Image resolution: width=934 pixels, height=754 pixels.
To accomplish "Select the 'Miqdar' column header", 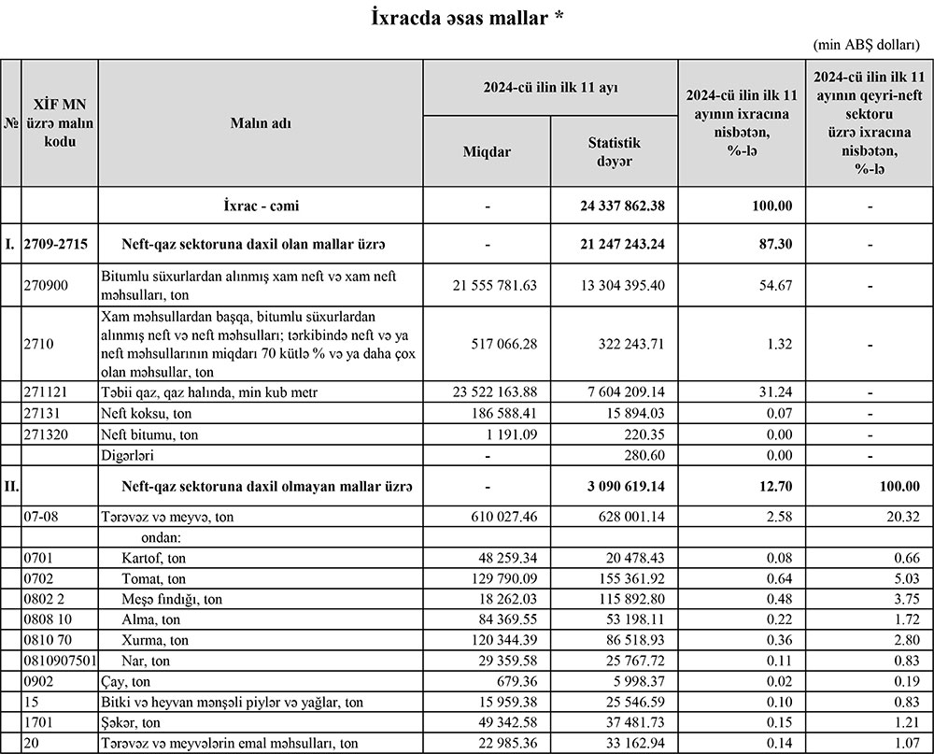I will pos(488,151).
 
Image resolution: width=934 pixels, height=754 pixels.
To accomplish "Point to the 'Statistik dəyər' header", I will pos(614,151).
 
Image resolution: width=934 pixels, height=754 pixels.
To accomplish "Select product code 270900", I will pos(46,285).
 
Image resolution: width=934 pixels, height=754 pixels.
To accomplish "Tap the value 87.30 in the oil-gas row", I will pos(776,245).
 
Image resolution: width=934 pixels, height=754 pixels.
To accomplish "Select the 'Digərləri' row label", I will pos(131,456).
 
